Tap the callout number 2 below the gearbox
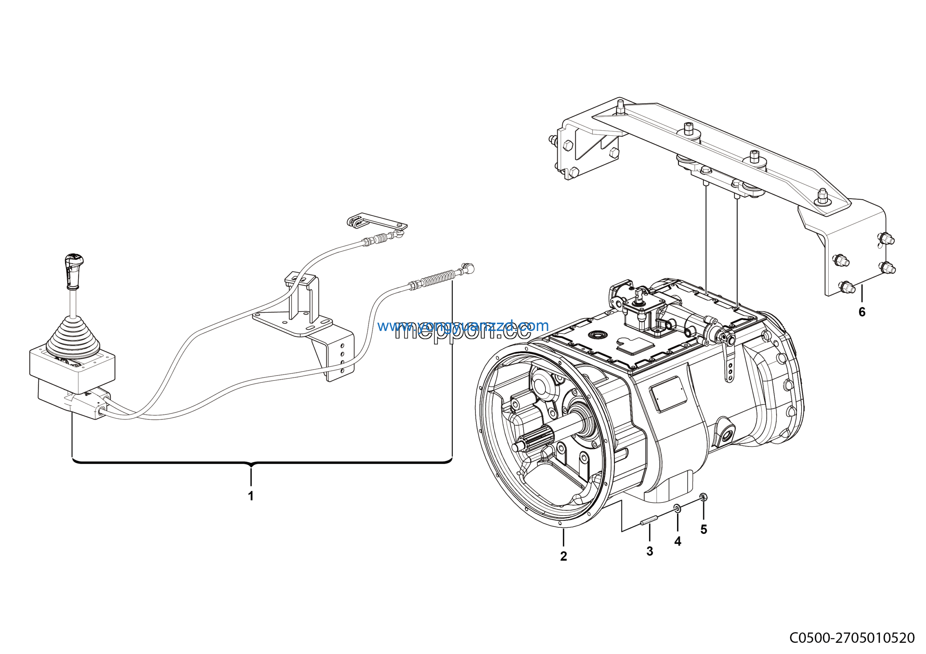(564, 556)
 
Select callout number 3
(649, 551)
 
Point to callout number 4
(677, 542)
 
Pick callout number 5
(704, 530)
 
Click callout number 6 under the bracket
(862, 312)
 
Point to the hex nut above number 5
(703, 497)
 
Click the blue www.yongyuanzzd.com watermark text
(463, 326)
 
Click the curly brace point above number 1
(251, 466)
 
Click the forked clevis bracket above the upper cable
(355, 221)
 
